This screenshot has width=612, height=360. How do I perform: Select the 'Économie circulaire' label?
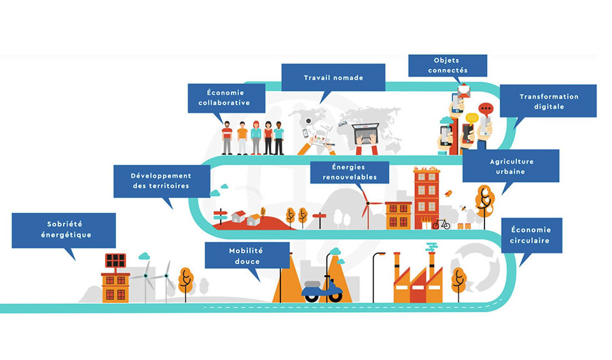(x=531, y=235)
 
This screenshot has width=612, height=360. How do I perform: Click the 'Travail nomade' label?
(x=333, y=78)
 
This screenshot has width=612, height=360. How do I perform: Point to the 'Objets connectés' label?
(x=448, y=66)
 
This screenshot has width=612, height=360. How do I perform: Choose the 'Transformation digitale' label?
(x=548, y=101)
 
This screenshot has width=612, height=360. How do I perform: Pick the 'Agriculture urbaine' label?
(x=511, y=166)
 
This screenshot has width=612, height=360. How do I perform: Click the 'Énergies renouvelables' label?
(x=350, y=172)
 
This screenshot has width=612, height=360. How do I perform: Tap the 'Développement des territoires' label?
(x=161, y=181)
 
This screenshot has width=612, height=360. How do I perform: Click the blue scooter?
(x=322, y=289)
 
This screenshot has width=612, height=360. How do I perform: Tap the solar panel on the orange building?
(x=115, y=261)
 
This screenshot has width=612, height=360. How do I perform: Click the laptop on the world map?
(x=366, y=134)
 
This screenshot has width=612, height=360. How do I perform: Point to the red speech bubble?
(x=486, y=109)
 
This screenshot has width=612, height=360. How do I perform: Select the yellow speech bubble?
(x=472, y=118)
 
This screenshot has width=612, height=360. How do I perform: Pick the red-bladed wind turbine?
(x=367, y=207)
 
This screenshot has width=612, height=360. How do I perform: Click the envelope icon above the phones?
(x=464, y=91)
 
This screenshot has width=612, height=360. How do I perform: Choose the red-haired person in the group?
(x=256, y=138)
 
